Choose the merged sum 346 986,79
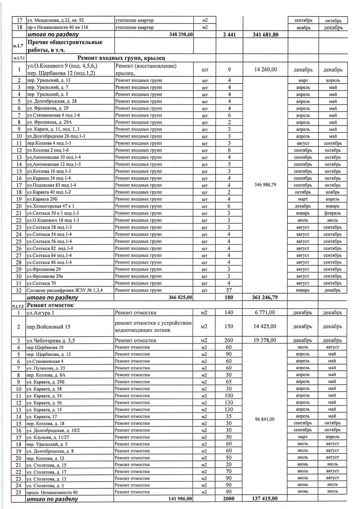[265, 185]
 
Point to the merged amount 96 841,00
[265, 420]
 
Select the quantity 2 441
[229, 35]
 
